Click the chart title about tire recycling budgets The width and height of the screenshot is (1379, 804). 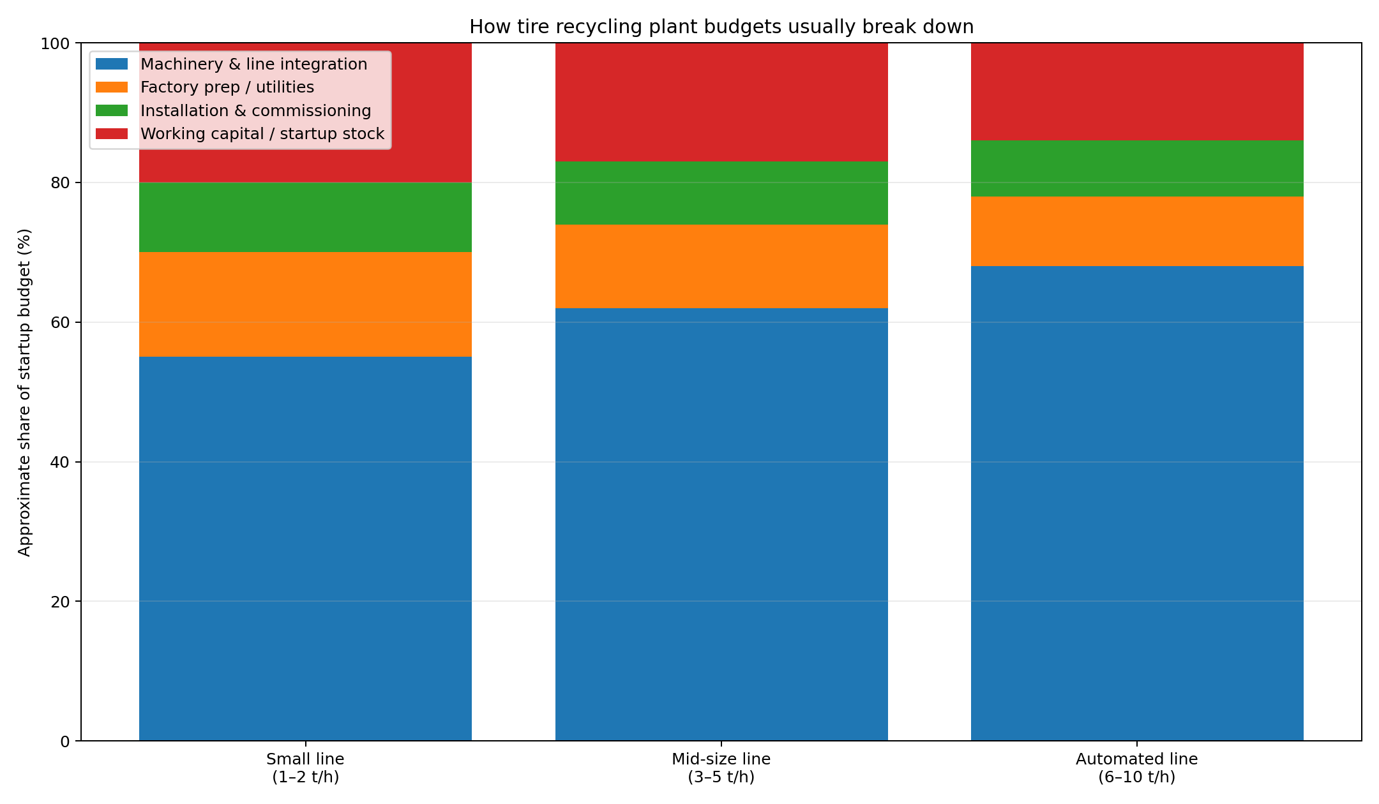pos(721,27)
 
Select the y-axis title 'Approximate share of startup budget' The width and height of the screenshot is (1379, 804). pos(24,392)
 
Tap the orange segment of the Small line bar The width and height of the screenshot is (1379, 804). pos(305,304)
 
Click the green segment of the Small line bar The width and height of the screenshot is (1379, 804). pos(305,217)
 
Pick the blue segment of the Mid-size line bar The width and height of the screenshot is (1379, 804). pos(721,523)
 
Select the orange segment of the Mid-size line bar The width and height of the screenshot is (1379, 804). pos(721,266)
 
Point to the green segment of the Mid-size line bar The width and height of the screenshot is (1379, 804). pos(721,193)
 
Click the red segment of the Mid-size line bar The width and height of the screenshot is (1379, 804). pos(721,102)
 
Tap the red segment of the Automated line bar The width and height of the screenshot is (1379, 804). pos(1136,91)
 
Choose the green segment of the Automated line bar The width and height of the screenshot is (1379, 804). pos(1136,168)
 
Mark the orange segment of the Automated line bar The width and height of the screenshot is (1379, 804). pos(1136,231)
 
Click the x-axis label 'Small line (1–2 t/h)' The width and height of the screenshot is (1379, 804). pos(305,768)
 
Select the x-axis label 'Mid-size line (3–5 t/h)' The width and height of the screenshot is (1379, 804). pos(721,768)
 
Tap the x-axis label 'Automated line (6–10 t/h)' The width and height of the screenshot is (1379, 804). pos(1136,768)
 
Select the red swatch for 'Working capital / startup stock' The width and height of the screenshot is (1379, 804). pos(112,133)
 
